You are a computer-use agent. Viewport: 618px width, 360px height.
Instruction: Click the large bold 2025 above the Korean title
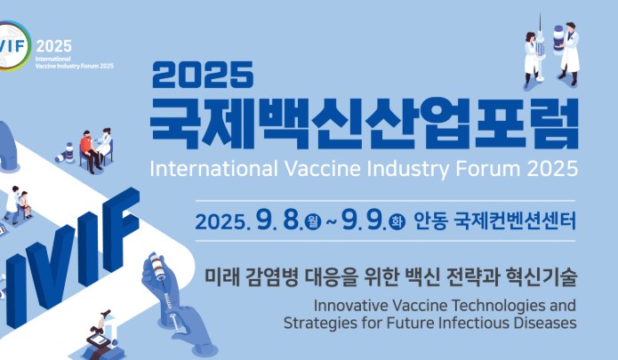coord(203,75)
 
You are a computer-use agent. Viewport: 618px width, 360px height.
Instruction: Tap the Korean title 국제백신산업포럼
coord(365,124)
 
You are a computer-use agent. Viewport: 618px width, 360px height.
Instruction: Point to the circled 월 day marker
coord(313,221)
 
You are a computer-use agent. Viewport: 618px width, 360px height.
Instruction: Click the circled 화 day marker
coord(397,221)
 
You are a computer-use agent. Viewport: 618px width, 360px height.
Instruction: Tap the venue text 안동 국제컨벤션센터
coord(494,221)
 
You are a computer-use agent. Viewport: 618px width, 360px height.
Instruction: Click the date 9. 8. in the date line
coord(279,220)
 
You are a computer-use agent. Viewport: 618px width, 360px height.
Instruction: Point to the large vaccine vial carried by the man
coord(558,39)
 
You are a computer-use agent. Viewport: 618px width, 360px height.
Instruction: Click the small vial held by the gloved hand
coord(157,266)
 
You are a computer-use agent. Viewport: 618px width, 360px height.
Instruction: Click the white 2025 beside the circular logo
coord(54,46)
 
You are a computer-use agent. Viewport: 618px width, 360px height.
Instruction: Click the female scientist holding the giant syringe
coord(531,59)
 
